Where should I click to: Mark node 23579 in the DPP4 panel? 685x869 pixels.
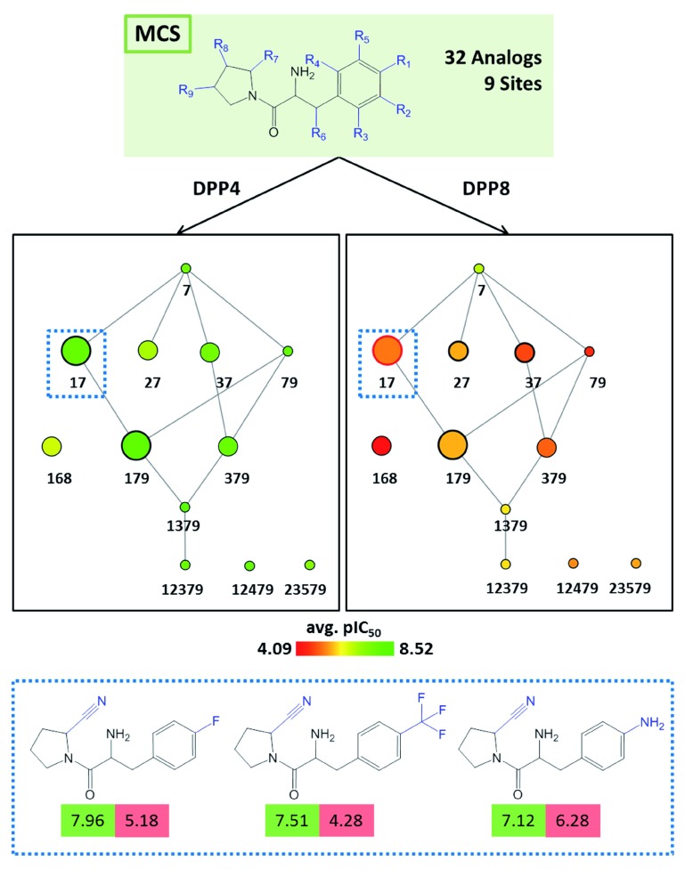pyautogui.click(x=310, y=565)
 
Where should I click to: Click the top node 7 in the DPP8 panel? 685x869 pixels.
pyautogui.click(x=478, y=268)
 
